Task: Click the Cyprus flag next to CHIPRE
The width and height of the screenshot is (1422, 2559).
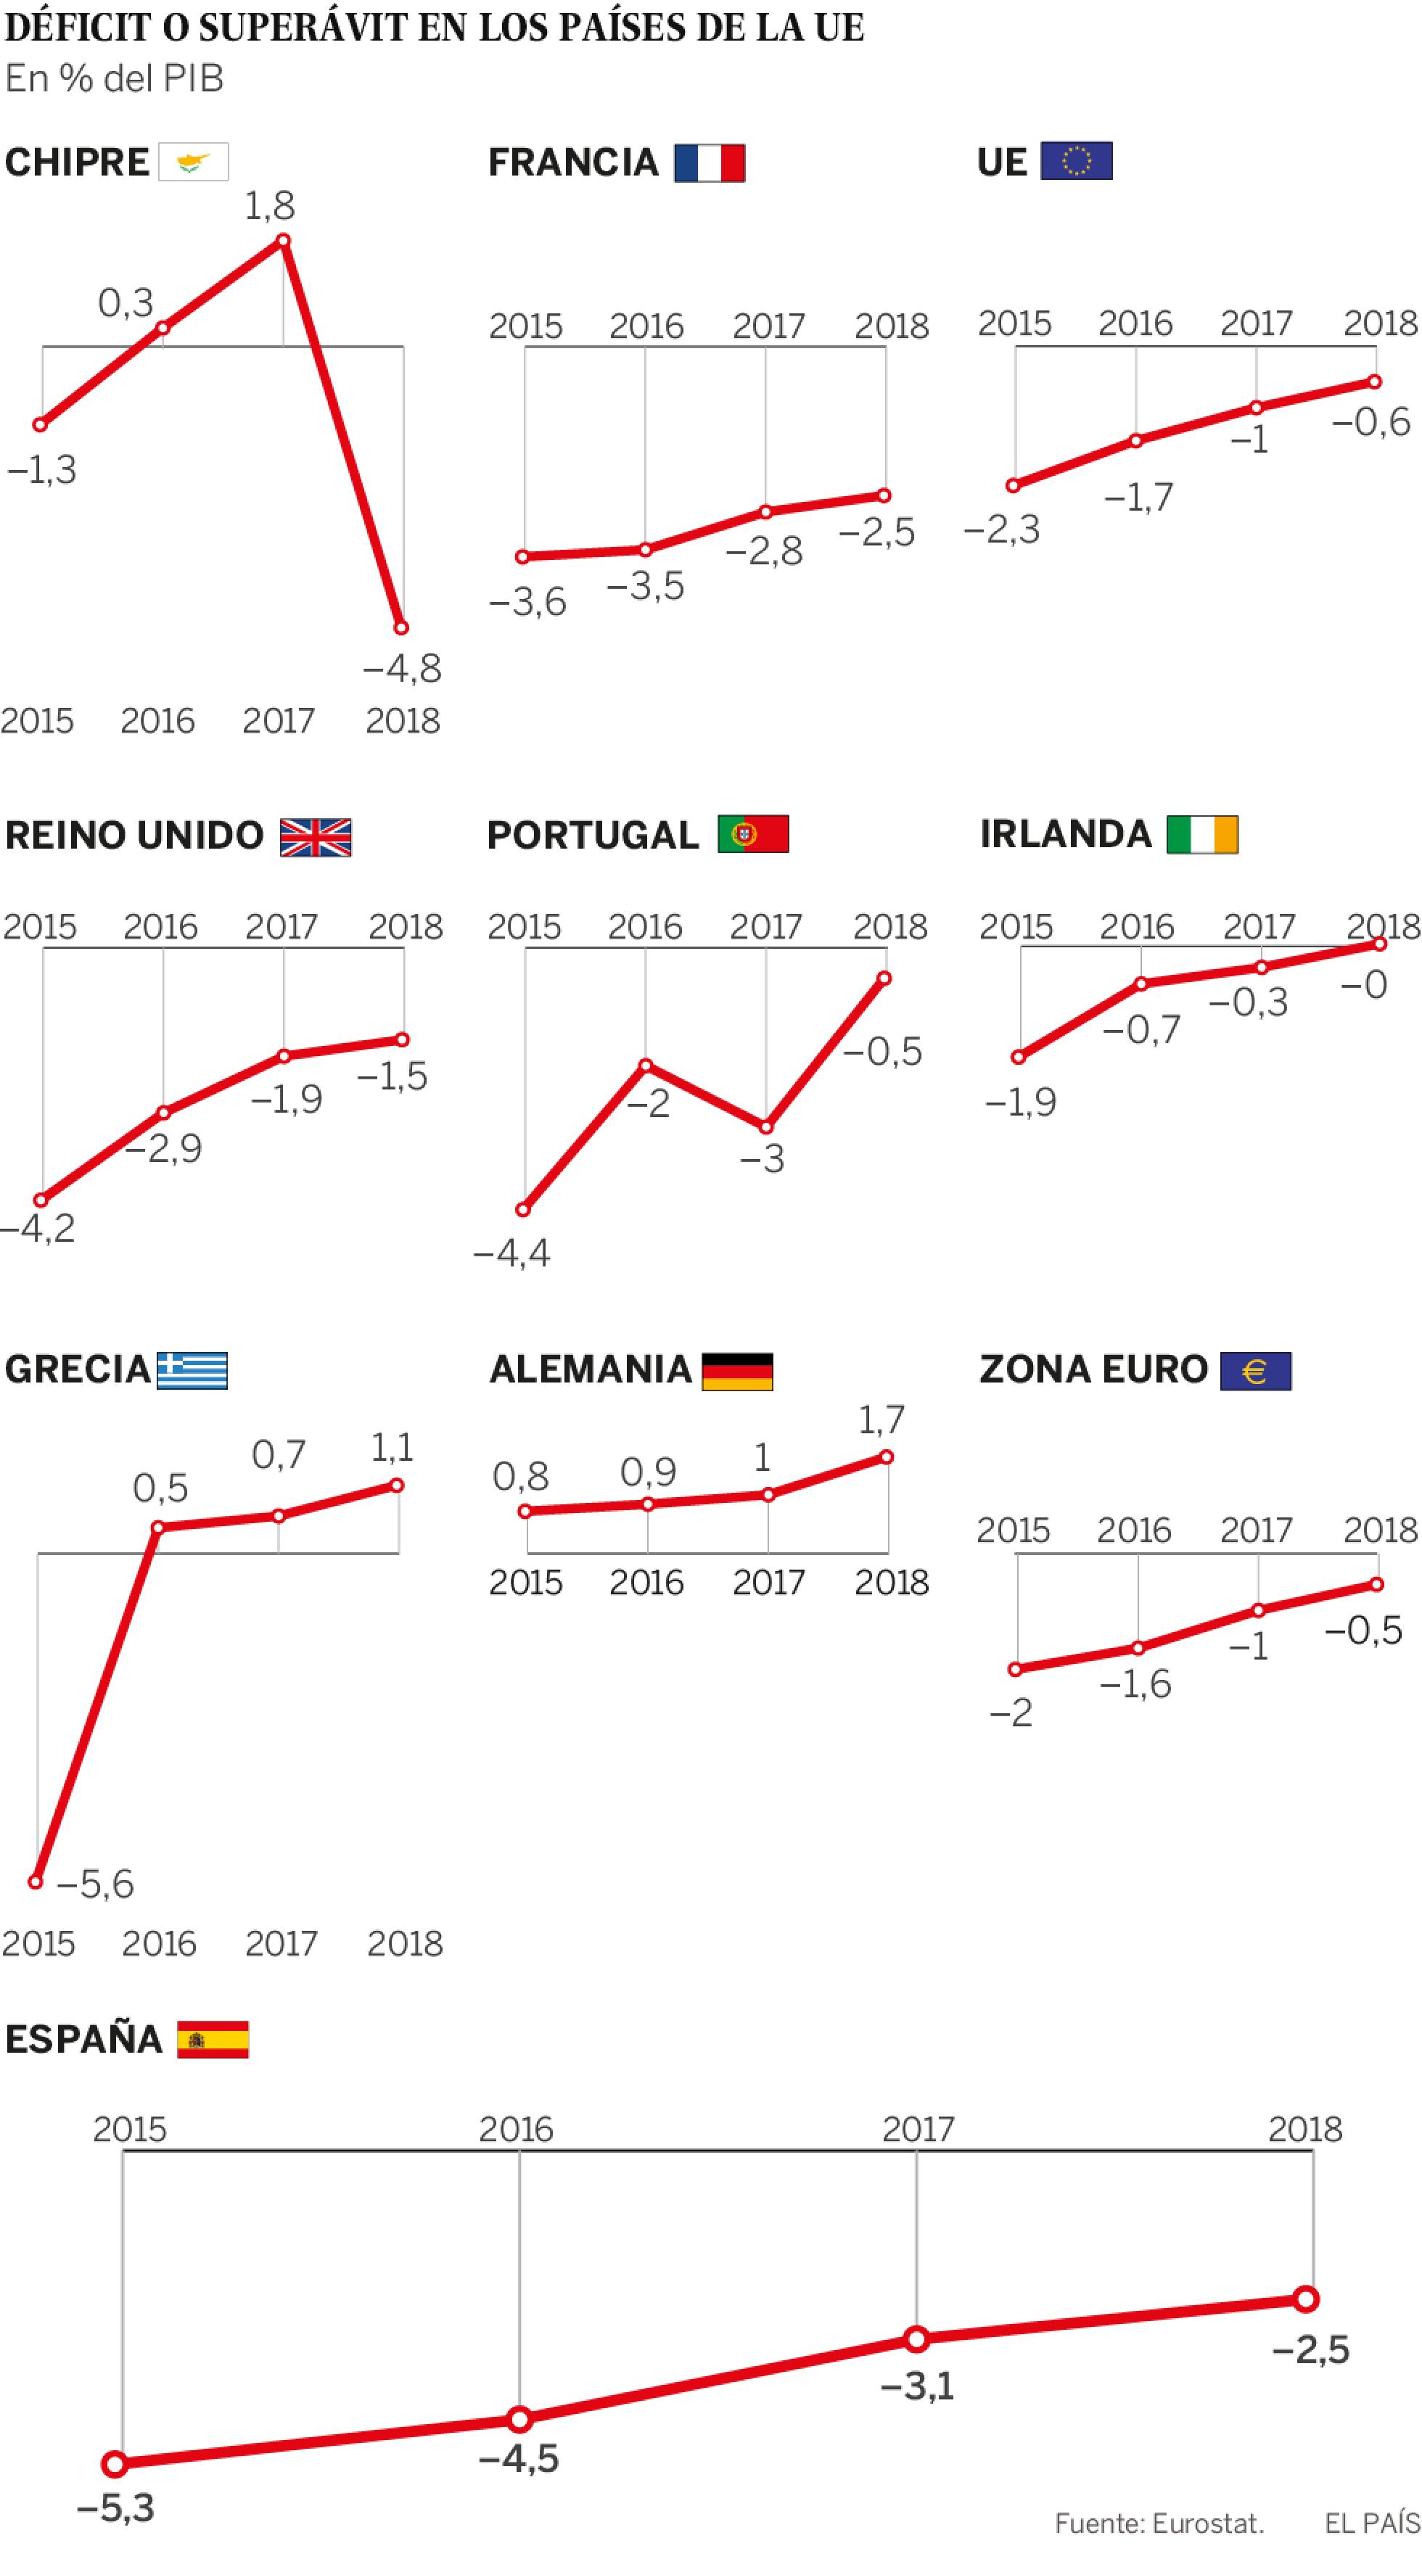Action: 193,162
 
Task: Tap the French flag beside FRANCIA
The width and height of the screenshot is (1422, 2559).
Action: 710,162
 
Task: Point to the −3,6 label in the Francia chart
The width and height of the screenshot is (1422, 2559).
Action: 527,601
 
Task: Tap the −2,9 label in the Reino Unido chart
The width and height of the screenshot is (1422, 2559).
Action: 163,1148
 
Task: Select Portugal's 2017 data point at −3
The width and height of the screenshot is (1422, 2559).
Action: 766,1127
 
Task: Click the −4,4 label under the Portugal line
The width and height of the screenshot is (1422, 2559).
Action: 511,1253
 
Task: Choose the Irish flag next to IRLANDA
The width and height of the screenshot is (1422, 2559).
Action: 1202,834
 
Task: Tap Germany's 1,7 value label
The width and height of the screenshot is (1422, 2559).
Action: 881,1419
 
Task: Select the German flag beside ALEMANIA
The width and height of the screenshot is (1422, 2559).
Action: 737,1371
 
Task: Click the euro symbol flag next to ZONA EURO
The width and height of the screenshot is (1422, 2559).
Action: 1256,1371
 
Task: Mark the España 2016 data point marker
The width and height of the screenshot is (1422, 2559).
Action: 519,2419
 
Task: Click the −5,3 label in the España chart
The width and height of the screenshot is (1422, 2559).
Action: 115,2508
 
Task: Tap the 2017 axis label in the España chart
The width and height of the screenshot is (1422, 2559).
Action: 918,2129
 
